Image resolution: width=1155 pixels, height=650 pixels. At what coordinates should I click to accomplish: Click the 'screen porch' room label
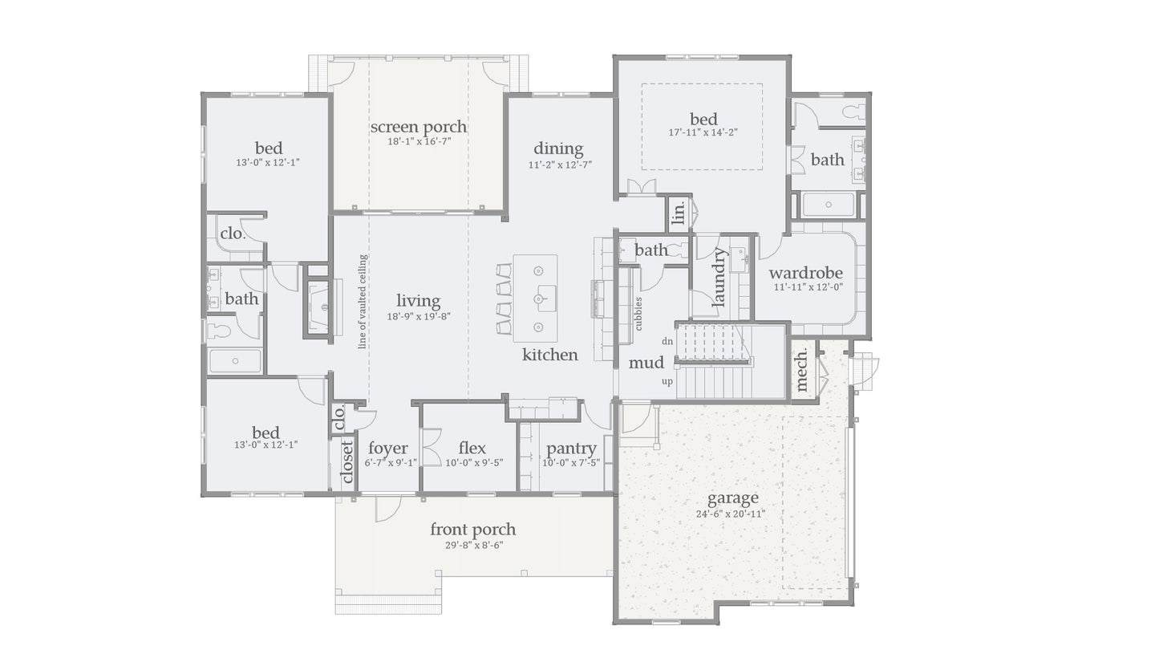point(418,127)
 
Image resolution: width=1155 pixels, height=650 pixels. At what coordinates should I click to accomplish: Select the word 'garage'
point(732,498)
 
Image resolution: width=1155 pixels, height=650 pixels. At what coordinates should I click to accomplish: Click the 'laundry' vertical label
point(719,278)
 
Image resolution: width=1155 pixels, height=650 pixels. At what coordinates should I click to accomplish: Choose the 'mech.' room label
point(802,370)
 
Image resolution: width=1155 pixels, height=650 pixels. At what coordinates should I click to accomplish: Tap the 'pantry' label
point(571,449)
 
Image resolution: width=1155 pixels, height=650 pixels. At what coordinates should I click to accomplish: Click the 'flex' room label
point(472,449)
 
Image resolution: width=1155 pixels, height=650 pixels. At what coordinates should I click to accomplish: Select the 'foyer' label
point(387,449)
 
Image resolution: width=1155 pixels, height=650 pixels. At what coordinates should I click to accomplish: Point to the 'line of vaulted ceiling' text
point(363,302)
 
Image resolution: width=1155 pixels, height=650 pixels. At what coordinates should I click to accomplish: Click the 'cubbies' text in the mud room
point(638,314)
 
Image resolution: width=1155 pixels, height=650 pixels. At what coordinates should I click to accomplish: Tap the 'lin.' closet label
point(679,213)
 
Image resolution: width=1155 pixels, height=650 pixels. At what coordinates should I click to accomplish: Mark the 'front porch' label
point(472,530)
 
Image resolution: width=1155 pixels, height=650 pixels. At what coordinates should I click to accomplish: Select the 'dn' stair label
point(667,341)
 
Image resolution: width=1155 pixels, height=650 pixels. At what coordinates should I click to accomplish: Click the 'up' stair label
point(667,381)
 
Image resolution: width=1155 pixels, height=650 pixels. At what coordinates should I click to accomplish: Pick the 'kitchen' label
point(549,355)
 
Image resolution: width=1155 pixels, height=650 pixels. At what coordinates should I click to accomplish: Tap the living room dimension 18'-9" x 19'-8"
point(418,316)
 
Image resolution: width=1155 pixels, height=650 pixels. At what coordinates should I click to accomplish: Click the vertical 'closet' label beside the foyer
point(347,463)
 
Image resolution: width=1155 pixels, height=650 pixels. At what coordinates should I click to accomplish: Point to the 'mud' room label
point(646,364)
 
